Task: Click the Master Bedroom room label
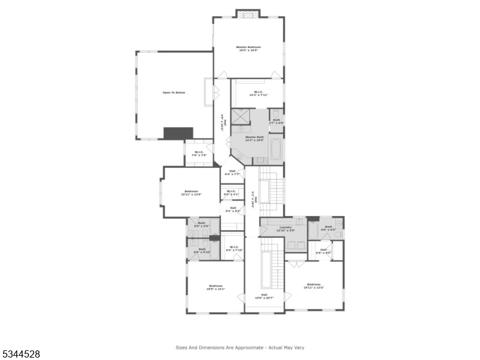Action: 248,48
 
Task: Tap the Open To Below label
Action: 174,92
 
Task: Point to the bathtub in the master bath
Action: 275,149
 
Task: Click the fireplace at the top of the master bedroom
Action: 248,13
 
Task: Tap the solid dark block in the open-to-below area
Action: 179,133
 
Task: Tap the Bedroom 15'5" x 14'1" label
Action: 215,287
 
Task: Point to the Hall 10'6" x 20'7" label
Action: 264,296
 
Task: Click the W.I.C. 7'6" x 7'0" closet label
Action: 199,154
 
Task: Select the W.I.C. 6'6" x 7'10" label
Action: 232,248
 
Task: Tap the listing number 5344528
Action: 21,355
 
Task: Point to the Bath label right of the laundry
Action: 329,227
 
